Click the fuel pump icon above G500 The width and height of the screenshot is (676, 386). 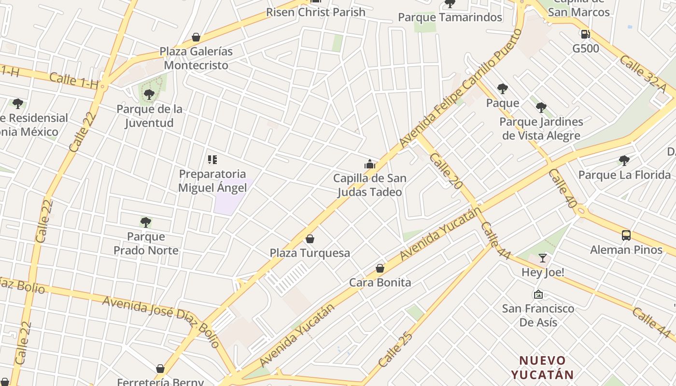pyautogui.click(x=585, y=34)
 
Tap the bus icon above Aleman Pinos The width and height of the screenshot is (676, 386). pyautogui.click(x=626, y=235)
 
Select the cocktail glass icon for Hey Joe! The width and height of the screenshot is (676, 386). pyautogui.click(x=543, y=258)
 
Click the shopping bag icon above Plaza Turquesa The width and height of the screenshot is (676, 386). pyautogui.click(x=310, y=239)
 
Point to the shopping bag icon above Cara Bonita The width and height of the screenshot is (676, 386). pyautogui.click(x=380, y=268)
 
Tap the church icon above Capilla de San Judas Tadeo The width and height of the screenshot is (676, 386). pyautogui.click(x=370, y=164)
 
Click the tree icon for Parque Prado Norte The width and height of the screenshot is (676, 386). pyautogui.click(x=146, y=222)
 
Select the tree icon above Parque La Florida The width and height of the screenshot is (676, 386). pyautogui.click(x=624, y=160)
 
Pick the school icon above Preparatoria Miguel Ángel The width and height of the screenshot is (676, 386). pyautogui.click(x=212, y=160)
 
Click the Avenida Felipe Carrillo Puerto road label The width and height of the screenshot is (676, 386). pyautogui.click(x=461, y=88)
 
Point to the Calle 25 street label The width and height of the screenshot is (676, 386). pyautogui.click(x=395, y=349)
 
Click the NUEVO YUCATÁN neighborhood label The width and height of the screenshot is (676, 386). pyautogui.click(x=542, y=367)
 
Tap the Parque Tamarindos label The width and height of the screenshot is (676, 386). pyautogui.click(x=450, y=17)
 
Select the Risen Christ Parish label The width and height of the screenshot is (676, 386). pyautogui.click(x=316, y=12)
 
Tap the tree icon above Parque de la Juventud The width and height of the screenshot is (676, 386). pyautogui.click(x=149, y=95)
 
